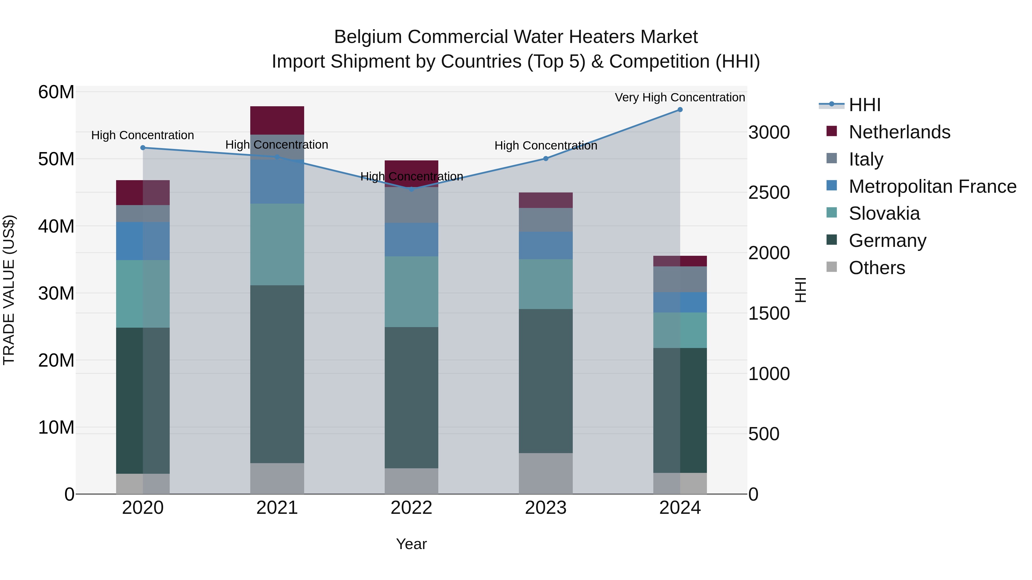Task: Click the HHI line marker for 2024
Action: click(680, 110)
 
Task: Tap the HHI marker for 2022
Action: click(411, 189)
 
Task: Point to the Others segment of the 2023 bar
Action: click(545, 473)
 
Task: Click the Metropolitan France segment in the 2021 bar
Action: click(277, 181)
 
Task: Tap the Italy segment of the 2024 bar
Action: click(680, 279)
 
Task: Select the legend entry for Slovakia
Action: click(884, 213)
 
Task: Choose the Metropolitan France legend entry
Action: click(932, 186)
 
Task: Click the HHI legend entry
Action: click(864, 105)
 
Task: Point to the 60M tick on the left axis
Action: click(56, 92)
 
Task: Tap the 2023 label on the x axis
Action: click(545, 508)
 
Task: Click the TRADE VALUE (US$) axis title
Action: click(9, 290)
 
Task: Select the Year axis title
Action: click(411, 544)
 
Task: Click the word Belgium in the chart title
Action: click(368, 37)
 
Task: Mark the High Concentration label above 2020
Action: click(143, 135)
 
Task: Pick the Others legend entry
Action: click(877, 268)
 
